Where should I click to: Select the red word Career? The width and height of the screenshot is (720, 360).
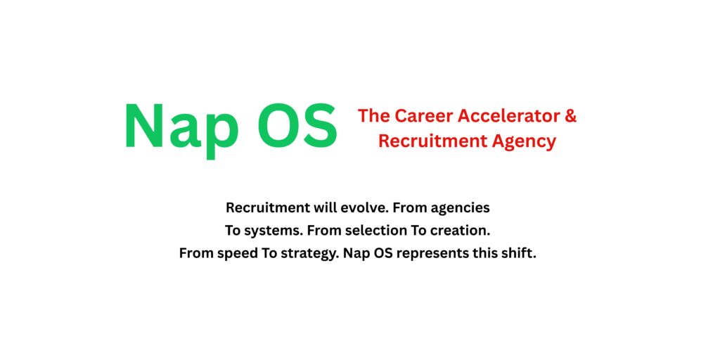coord(420,116)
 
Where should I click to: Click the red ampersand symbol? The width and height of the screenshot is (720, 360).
coord(570,116)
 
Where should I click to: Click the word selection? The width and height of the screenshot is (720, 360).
coord(370,231)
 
